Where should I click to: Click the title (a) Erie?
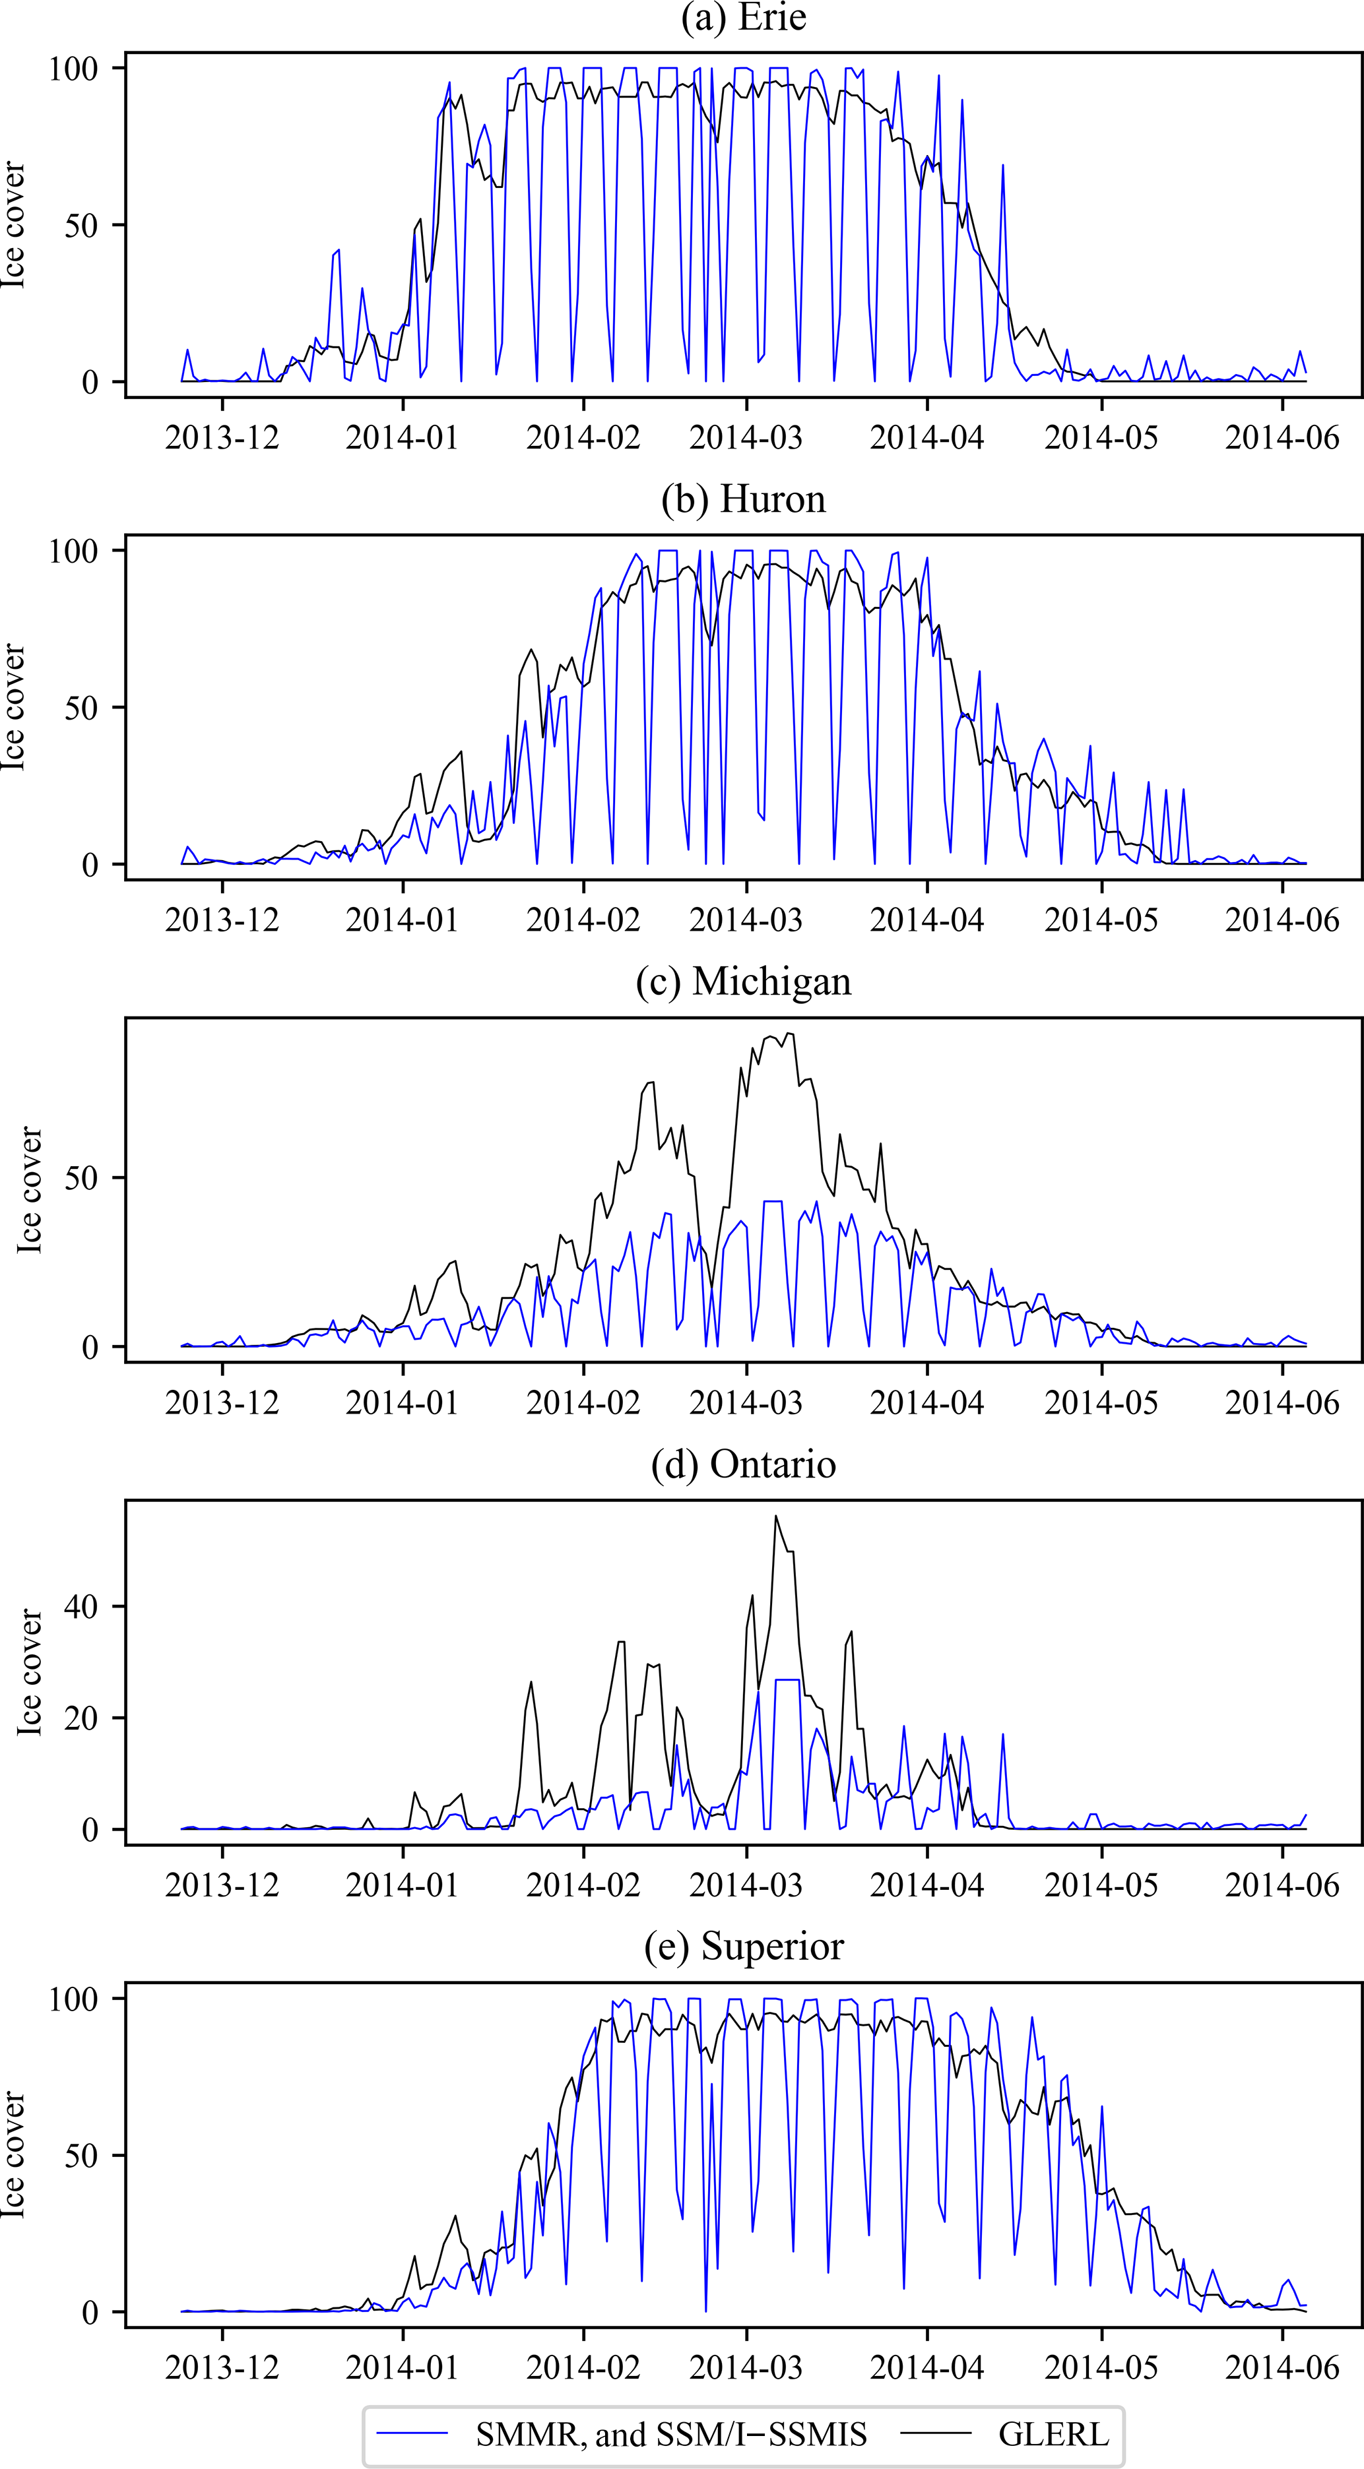point(743,18)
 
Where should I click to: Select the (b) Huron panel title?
point(743,500)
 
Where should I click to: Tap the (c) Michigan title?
point(743,982)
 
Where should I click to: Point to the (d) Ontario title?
point(743,1464)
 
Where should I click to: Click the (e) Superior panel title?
point(743,1947)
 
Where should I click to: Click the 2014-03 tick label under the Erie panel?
point(746,438)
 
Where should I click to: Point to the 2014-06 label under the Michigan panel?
point(1282,1402)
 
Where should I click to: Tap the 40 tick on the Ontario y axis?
point(81,1606)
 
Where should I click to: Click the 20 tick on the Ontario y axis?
point(81,1718)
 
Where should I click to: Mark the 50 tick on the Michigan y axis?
point(81,1178)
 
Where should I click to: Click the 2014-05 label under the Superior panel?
point(1101,2367)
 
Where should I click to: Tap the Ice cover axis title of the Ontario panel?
point(29,1673)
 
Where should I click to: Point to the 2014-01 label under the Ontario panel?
point(402,1885)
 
